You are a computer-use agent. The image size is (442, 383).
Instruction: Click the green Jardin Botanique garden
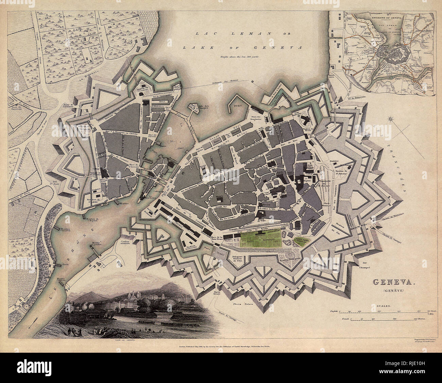262,239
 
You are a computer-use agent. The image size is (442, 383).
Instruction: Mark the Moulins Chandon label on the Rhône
66,231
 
